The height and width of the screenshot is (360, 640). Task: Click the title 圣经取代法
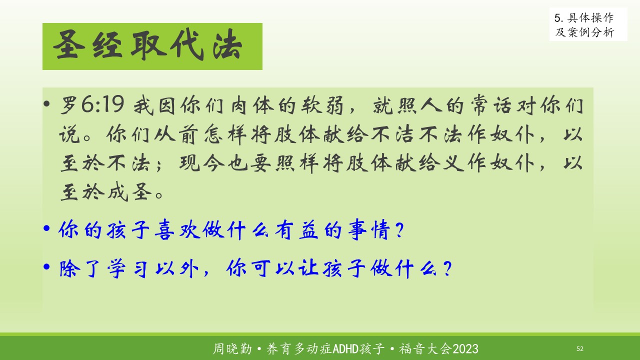(x=147, y=45)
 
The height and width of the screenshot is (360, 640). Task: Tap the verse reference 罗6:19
(x=92, y=104)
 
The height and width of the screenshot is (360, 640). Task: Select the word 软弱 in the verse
(x=322, y=105)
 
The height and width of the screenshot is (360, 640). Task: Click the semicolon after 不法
(x=159, y=165)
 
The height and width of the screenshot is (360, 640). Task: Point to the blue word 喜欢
(x=177, y=229)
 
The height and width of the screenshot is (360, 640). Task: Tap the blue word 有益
(x=296, y=229)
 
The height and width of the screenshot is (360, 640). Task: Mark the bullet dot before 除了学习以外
(x=46, y=267)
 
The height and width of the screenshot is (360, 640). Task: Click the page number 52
(x=579, y=349)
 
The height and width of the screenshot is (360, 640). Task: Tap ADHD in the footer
(x=346, y=349)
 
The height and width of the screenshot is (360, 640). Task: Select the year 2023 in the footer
(x=465, y=349)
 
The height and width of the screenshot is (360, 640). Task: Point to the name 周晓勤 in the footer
(x=232, y=349)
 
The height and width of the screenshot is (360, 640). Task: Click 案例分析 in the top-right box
(x=590, y=32)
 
